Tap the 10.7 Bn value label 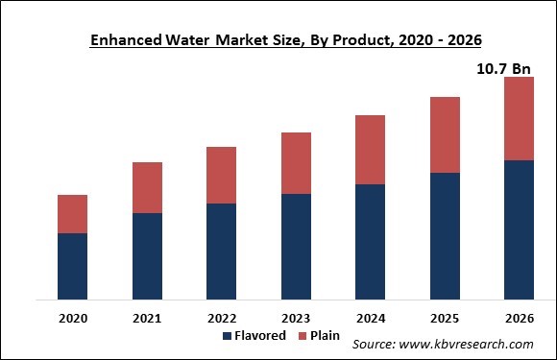pyautogui.click(x=504, y=68)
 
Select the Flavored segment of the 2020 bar pyautogui.click(x=73, y=266)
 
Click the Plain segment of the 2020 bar pyautogui.click(x=73, y=214)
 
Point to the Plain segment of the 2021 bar pyautogui.click(x=147, y=188)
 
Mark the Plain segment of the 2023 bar pyautogui.click(x=296, y=163)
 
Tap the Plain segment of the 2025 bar pyautogui.click(x=445, y=135)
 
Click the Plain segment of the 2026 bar pyautogui.click(x=519, y=119)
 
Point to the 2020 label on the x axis pyautogui.click(x=73, y=317)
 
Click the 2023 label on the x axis pyautogui.click(x=296, y=317)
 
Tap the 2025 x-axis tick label pyautogui.click(x=445, y=317)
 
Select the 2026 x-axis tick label pyautogui.click(x=519, y=317)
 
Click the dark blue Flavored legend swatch pyautogui.click(x=228, y=336)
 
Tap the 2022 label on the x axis pyautogui.click(x=221, y=317)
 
